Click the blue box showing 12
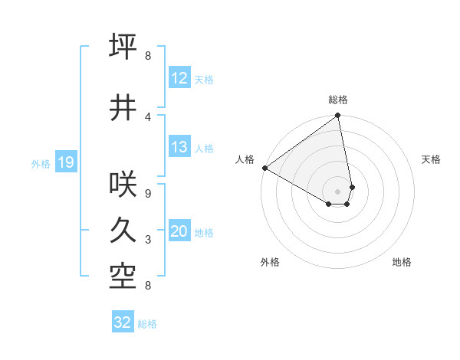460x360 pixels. tap(179, 78)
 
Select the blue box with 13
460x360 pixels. tap(179, 148)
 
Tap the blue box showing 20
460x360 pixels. tap(179, 231)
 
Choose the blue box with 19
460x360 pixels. tap(65, 162)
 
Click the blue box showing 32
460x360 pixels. tap(123, 322)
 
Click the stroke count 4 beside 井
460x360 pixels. tap(148, 116)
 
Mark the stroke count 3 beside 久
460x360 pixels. tap(148, 240)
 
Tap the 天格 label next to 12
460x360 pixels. tap(204, 79)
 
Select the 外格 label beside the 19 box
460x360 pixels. tap(41, 163)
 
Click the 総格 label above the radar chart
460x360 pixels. tap(338, 100)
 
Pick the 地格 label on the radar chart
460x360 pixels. tap(402, 262)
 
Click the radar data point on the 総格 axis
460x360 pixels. tap(337, 116)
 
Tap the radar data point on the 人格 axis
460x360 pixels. tap(264, 168)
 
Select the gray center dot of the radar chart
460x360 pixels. tap(337, 190)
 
